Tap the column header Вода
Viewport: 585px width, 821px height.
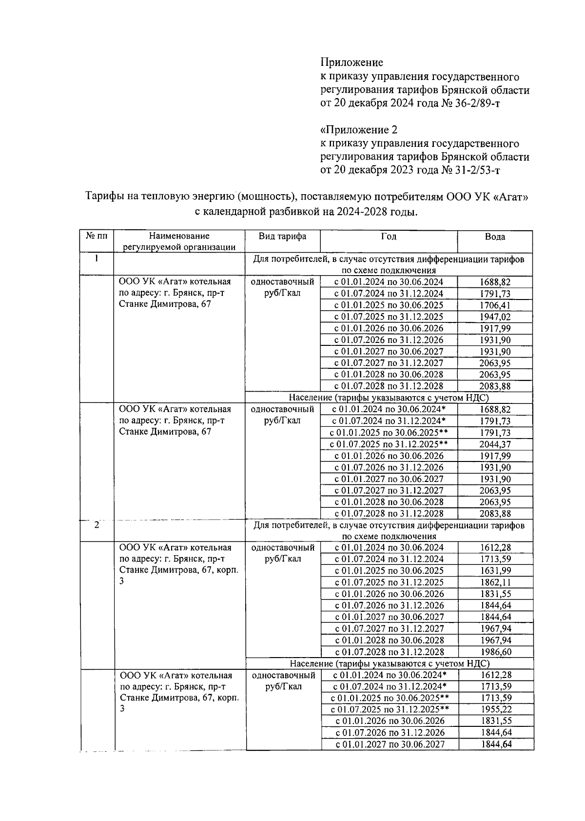495,237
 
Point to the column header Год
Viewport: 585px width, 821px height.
389,237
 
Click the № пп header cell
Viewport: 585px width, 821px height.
97,237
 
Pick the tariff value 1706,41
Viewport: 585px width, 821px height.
495,305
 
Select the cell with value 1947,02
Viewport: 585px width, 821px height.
495,317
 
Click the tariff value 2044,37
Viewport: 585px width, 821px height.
495,444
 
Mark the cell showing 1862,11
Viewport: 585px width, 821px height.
495,582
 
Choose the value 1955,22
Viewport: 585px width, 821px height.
495,710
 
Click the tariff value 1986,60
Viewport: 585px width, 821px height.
495,652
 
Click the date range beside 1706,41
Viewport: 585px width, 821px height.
389,305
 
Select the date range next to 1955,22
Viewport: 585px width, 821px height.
390,710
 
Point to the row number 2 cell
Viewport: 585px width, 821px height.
97,526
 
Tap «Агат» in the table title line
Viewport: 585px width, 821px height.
511,197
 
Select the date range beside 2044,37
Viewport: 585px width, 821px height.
389,444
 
